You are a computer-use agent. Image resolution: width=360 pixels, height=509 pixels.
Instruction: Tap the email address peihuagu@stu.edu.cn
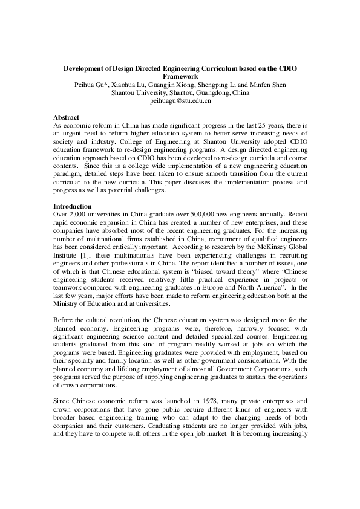click(180, 102)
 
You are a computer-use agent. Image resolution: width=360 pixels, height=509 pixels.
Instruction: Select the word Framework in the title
click(180, 77)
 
